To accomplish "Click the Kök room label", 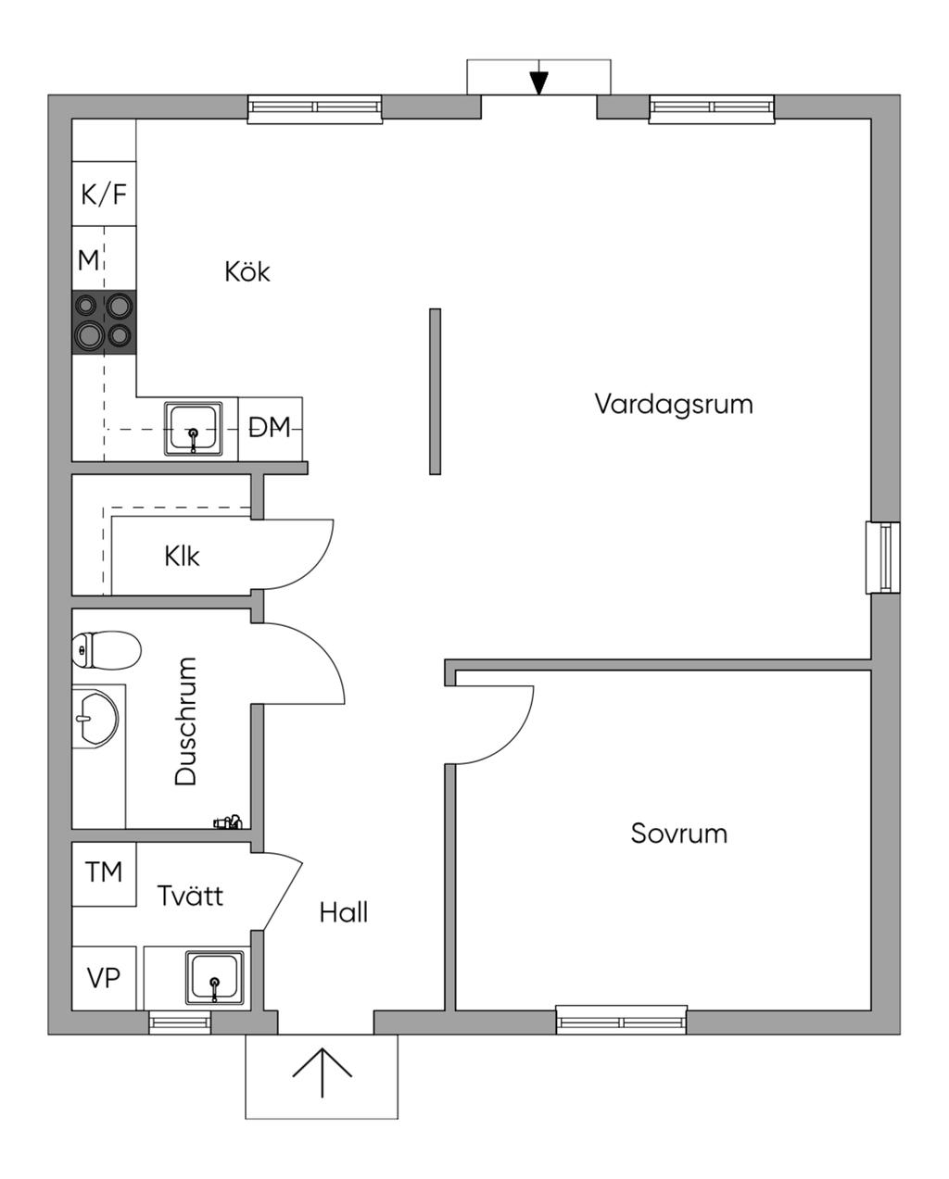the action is [247, 271].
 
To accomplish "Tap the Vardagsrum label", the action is [673, 405].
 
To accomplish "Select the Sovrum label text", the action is [678, 834].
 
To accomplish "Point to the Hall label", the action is [344, 913].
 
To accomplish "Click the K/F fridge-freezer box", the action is [104, 194].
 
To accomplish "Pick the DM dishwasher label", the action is [269, 427].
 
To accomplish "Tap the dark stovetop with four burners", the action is [104, 322].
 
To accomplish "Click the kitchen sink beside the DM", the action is [194, 429].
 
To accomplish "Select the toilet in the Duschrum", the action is [107, 650].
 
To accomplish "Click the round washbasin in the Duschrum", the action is [96, 718].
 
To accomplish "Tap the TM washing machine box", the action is [104, 873].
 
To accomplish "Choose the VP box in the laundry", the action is [104, 978].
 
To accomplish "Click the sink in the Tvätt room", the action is [214, 978].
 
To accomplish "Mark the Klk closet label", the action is [182, 557].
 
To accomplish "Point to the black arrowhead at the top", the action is [539, 83].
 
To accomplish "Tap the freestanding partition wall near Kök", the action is [435, 391].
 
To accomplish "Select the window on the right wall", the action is [882, 558].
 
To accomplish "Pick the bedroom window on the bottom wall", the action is [621, 1020].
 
